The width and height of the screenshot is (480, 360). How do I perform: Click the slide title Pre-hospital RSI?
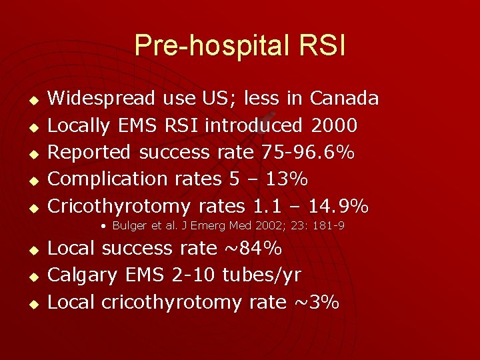click(x=240, y=45)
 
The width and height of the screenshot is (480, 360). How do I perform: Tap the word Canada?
click(x=344, y=99)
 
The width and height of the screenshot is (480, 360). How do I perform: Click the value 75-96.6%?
click(x=307, y=152)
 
